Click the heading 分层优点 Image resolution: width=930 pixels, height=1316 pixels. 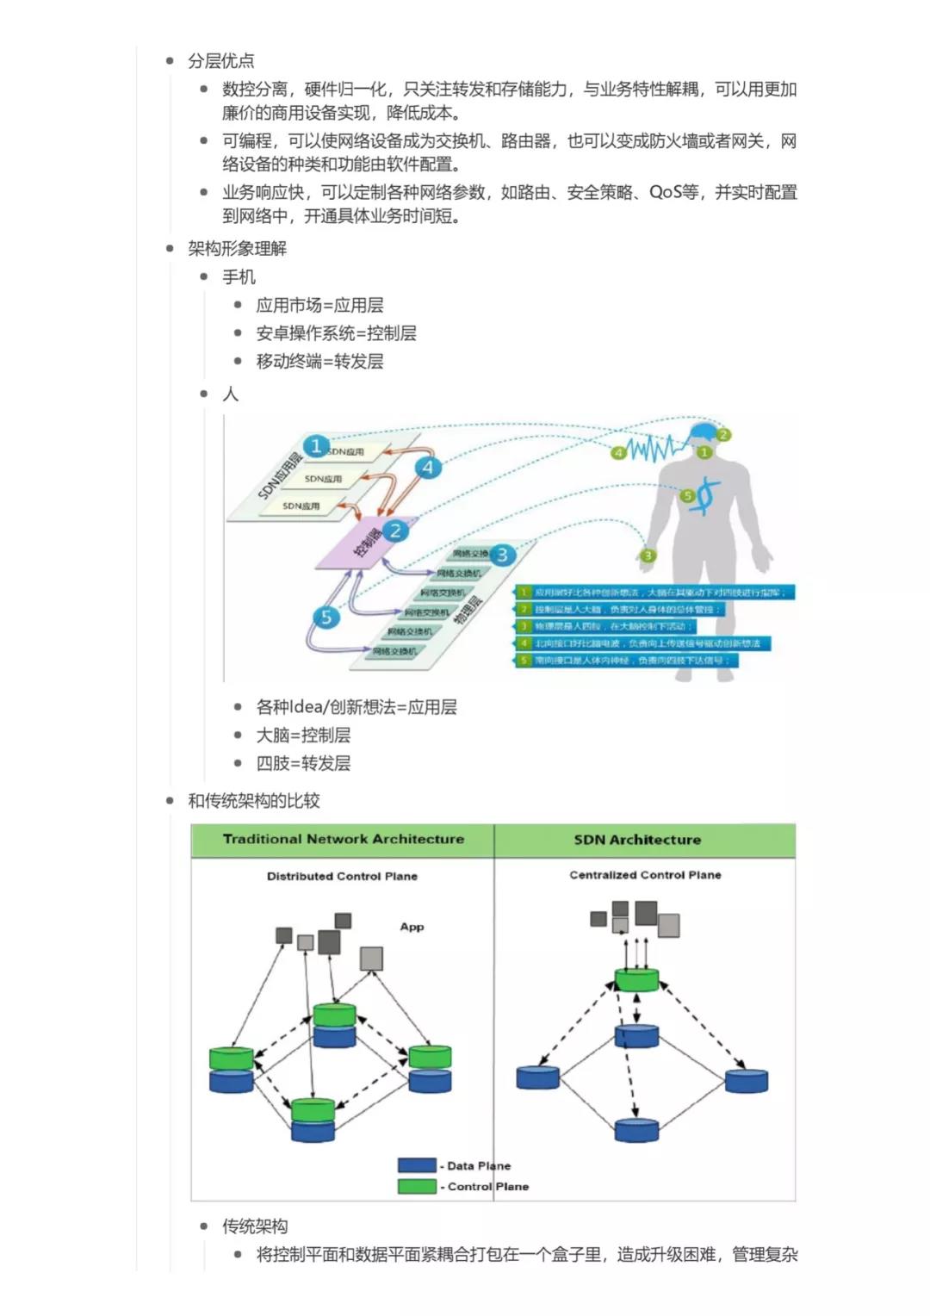(x=221, y=61)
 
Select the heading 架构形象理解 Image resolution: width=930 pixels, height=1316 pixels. (x=238, y=249)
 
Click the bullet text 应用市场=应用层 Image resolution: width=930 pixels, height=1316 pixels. (x=319, y=305)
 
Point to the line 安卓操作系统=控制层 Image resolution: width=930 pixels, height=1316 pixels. (x=336, y=333)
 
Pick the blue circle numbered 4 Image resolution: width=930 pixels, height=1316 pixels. (x=428, y=468)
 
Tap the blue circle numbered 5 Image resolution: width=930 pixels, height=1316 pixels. (x=325, y=617)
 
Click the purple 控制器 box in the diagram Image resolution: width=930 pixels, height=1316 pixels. (x=366, y=543)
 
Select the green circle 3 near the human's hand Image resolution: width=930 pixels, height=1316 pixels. (x=648, y=556)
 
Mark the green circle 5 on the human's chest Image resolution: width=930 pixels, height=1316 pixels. (x=687, y=495)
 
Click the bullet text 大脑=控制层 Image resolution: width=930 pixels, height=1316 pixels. (x=303, y=735)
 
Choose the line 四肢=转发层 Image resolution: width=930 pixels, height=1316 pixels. (x=303, y=763)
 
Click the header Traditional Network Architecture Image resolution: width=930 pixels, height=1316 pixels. (x=343, y=839)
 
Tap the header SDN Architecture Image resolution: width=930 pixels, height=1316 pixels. (x=637, y=840)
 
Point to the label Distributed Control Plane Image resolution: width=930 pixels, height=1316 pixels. (x=342, y=876)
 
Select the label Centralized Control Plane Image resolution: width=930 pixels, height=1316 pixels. (x=645, y=875)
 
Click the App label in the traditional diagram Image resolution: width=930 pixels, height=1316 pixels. (x=412, y=927)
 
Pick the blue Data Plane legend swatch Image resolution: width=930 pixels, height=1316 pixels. (x=417, y=1165)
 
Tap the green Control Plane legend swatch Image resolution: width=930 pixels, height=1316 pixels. (x=417, y=1186)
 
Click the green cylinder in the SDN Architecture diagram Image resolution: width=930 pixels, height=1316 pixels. (x=636, y=979)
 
